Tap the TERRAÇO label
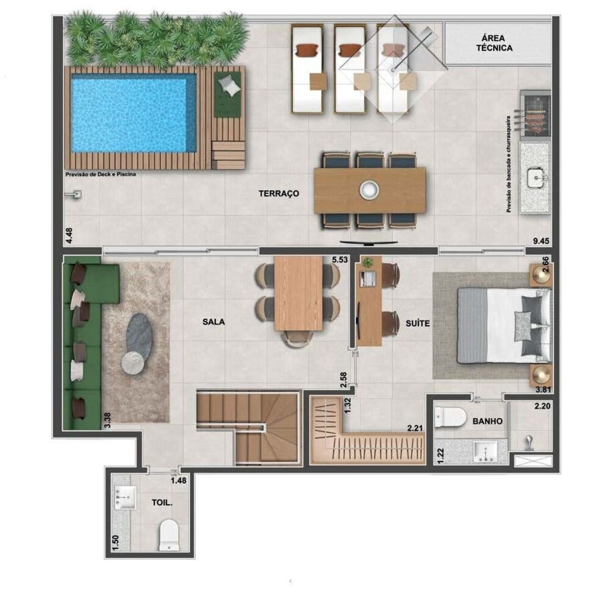pos(278,194)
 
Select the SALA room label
pos(214,322)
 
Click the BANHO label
pos(487,421)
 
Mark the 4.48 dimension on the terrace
pos(60,235)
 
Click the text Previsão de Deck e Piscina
pos(100,174)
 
